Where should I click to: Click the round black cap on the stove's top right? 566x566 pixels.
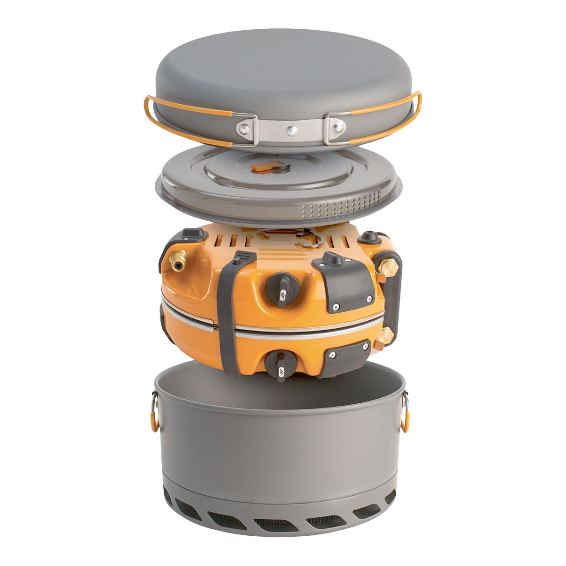pyautogui.click(x=369, y=237)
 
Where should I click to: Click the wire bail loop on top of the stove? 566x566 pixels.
pyautogui.click(x=302, y=238)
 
